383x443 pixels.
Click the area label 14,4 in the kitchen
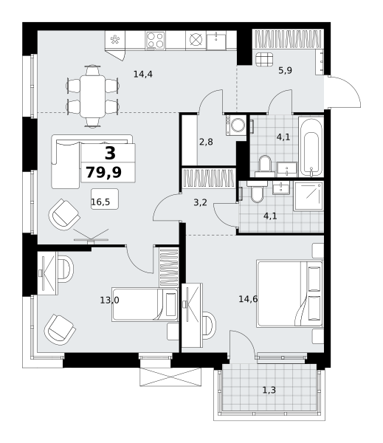pos(143,75)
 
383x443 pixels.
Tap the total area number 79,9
pos(103,172)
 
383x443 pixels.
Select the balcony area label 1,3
pos(269,390)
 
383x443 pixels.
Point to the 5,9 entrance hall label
pos(286,70)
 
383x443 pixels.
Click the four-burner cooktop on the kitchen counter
pos(155,40)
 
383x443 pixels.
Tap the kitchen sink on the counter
pos(216,41)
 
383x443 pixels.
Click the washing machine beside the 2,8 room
pos(236,125)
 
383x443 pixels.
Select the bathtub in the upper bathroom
pos(311,147)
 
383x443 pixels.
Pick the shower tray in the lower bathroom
pos(308,196)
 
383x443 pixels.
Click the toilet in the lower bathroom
pos(257,191)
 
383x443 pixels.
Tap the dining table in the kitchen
pos(92,96)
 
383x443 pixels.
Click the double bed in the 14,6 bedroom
pos(290,294)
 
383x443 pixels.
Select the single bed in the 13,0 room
pos(145,304)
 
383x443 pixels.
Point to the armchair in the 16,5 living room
pos(64,214)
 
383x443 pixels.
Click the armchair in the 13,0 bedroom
pos(60,329)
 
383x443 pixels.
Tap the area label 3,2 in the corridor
pos(200,202)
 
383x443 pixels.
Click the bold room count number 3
pos(110,154)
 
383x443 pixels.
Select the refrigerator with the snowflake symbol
pos(115,40)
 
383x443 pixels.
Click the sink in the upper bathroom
pos(286,169)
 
